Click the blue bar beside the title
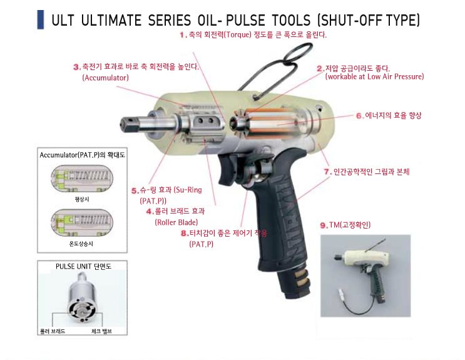click(41, 19)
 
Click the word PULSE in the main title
click(245, 20)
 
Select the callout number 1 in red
click(183, 35)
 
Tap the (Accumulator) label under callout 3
click(106, 78)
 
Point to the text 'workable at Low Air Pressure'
click(375, 76)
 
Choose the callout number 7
click(327, 172)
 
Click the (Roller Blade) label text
click(176, 222)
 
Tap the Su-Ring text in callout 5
click(189, 190)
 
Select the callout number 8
click(185, 234)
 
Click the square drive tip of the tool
click(126, 125)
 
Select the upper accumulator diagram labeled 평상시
click(82, 178)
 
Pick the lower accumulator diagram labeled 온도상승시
click(82, 223)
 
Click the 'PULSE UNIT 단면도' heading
click(83, 266)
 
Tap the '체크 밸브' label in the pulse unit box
click(102, 331)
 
